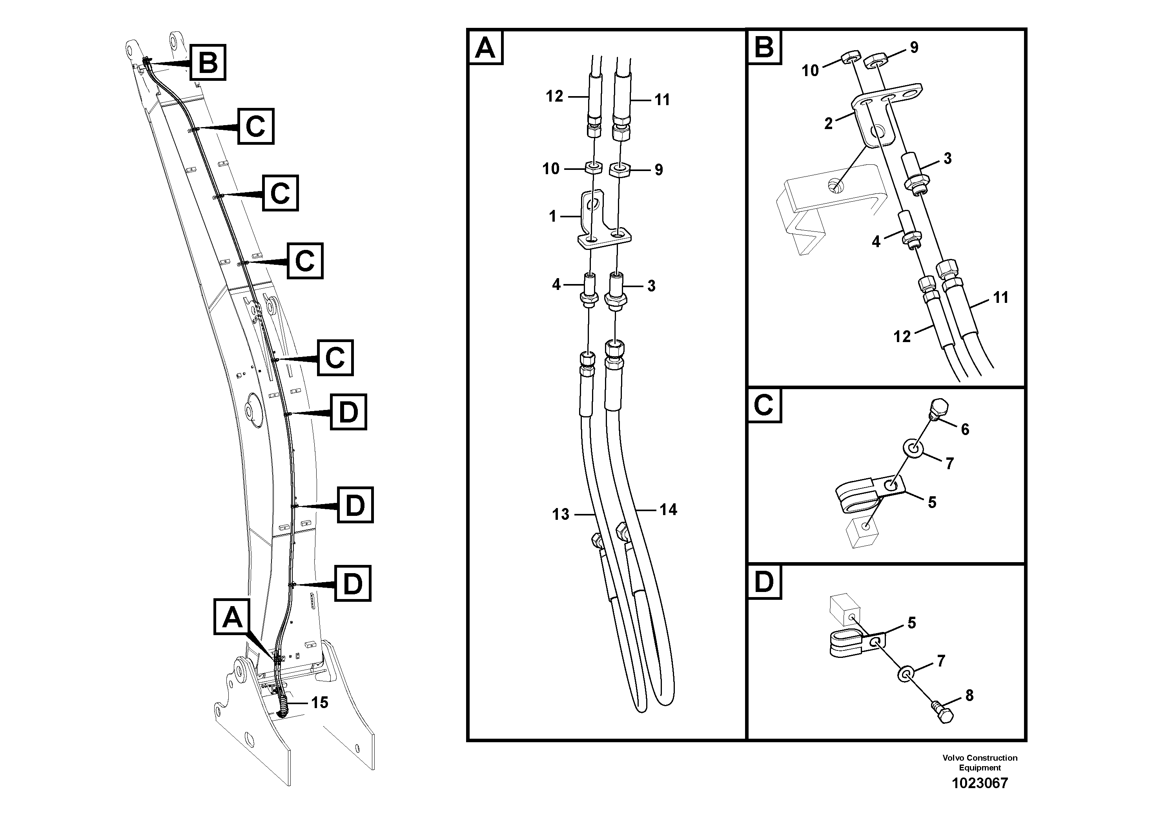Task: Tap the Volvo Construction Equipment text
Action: coord(979,763)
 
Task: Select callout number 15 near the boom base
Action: coord(319,703)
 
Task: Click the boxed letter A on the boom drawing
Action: coord(232,617)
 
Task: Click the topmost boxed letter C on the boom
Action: coord(255,126)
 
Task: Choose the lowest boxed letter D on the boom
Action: coord(352,583)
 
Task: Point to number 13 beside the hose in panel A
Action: coord(561,514)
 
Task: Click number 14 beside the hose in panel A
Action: coord(668,509)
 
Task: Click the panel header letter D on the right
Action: coord(763,582)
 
